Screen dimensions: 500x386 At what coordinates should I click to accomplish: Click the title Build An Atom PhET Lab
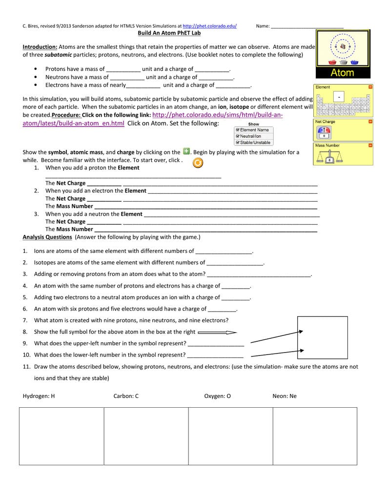pos(169,33)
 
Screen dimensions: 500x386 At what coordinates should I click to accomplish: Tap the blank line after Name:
pos(307,26)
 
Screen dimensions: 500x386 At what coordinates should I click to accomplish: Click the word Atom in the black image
pos(343,73)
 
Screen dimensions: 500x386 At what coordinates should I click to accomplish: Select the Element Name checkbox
pos(238,130)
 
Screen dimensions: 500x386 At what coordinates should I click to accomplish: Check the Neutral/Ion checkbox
pos(238,136)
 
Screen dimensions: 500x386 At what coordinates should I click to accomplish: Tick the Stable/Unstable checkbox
pos(238,143)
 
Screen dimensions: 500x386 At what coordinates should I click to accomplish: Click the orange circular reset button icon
pos(198,163)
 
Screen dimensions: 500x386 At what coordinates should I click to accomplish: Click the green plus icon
pos(186,152)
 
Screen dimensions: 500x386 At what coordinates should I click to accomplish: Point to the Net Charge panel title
pos(325,122)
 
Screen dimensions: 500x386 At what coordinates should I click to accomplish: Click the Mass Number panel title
pos(327,145)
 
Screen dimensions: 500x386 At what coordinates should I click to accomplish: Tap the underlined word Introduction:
pos(41,47)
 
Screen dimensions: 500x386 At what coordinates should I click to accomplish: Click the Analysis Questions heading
pos(47,237)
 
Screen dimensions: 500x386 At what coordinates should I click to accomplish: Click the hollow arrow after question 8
pos(218,332)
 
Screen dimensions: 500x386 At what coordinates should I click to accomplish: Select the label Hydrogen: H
pos(39,396)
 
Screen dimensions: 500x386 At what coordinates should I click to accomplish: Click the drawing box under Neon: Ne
pos(315,436)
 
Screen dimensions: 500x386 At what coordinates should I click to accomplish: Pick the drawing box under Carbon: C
pos(146,436)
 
